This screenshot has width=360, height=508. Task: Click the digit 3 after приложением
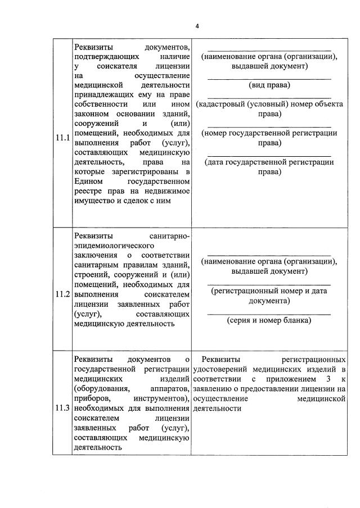click(x=326, y=379)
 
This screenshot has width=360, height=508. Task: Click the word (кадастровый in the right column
click(x=222, y=104)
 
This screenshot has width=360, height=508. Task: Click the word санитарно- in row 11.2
click(x=167, y=237)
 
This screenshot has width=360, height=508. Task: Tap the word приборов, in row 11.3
click(x=92, y=398)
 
